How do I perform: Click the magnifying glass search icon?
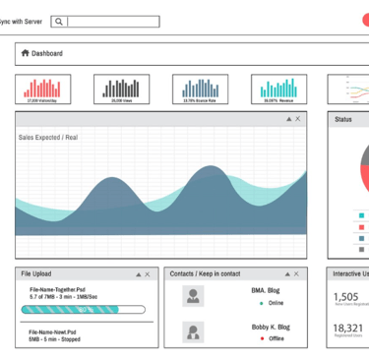pos(60,21)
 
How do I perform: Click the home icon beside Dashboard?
pos(25,53)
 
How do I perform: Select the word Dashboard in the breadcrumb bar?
pos(47,53)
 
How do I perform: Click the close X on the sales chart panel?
pos(298,119)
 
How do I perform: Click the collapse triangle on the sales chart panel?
pos(288,119)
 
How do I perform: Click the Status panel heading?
pos(343,119)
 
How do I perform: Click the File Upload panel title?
pos(37,273)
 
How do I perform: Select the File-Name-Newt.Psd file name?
pos(60,331)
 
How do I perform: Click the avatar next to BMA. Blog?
pos(194,296)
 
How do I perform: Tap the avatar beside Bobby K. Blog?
pos(194,332)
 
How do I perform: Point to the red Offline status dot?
pos(262,338)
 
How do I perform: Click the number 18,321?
pos(347,329)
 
